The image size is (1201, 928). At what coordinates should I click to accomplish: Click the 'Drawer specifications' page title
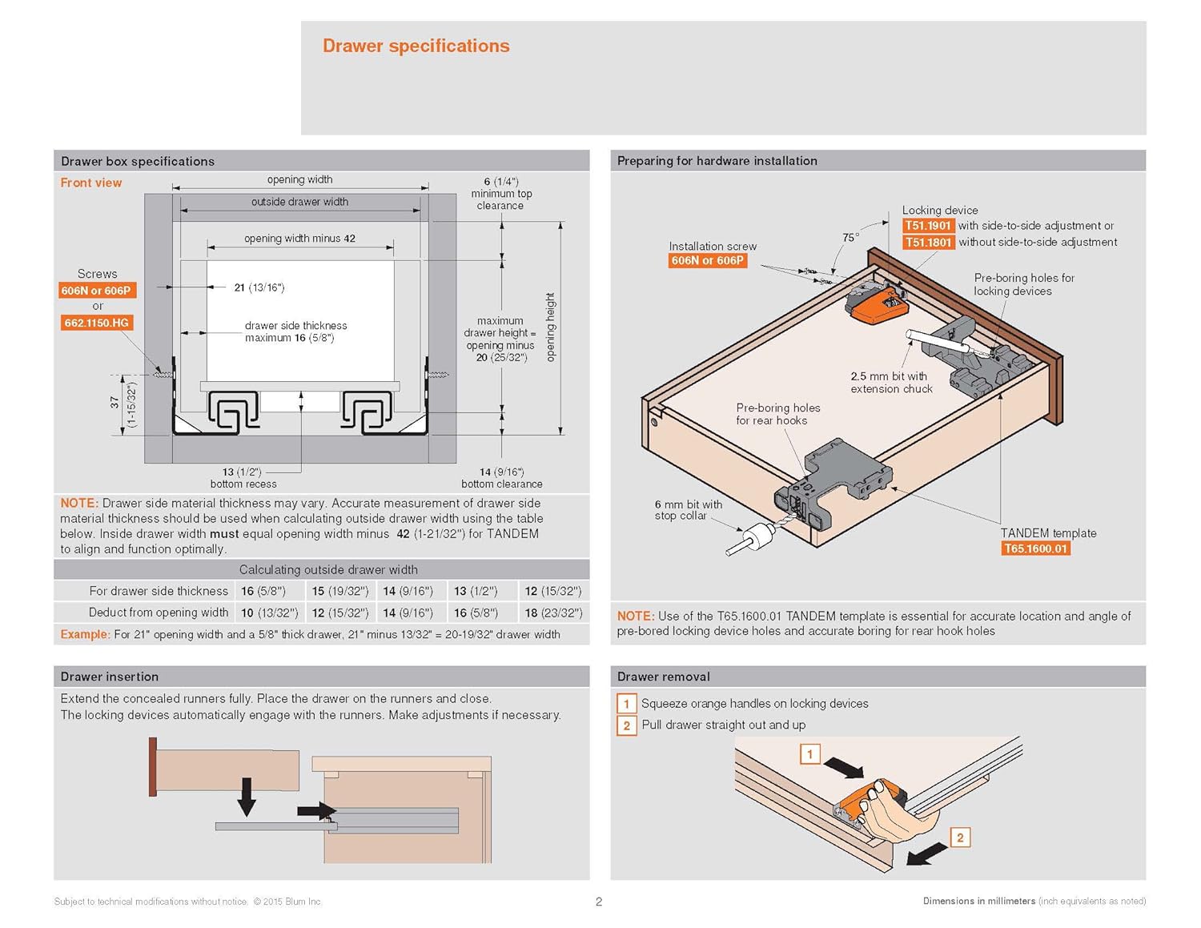click(416, 46)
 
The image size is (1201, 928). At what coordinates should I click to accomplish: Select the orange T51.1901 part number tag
click(928, 226)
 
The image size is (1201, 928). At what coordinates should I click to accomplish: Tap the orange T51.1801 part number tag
click(928, 243)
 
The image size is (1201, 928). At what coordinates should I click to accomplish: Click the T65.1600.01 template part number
click(1035, 548)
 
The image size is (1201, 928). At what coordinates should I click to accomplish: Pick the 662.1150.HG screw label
click(96, 323)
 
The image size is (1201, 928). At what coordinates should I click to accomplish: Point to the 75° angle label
click(850, 237)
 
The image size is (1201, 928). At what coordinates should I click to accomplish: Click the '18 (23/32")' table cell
click(553, 613)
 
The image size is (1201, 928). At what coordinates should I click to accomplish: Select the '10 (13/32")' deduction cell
click(269, 613)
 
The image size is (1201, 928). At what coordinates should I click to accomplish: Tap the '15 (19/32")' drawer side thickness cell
click(340, 591)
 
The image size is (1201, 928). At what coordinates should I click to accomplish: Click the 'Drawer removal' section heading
click(663, 677)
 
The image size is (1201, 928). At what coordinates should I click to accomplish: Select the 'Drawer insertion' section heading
click(110, 677)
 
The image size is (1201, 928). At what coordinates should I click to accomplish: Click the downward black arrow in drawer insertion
click(247, 796)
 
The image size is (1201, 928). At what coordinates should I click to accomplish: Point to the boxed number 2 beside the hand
click(960, 838)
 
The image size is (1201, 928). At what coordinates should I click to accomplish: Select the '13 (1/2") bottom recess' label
click(243, 478)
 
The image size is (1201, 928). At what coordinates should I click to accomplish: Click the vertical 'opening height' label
click(550, 327)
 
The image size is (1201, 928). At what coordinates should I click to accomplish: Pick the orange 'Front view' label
click(91, 183)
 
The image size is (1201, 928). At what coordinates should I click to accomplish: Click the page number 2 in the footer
click(599, 902)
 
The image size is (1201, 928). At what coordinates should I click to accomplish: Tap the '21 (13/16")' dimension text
click(259, 287)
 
